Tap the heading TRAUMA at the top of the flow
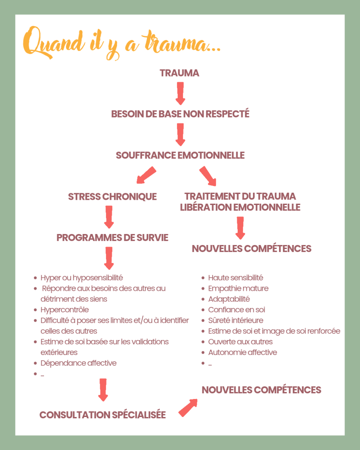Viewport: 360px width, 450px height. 180,73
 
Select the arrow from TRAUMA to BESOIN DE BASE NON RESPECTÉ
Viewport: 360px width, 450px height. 180,92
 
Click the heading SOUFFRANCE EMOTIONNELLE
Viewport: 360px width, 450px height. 180,155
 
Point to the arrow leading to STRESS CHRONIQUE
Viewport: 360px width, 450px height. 146,175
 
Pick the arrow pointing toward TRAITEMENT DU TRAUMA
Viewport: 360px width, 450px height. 208,176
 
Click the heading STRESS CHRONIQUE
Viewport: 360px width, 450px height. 112,197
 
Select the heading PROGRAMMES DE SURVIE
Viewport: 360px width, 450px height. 112,238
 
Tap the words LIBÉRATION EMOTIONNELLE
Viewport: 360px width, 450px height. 240,207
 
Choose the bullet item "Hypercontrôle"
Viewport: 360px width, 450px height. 64,310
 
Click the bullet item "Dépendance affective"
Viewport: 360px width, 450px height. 78,363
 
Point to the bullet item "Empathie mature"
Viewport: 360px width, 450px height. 238,289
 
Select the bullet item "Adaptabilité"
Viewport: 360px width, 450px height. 229,299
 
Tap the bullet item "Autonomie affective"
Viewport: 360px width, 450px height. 242,352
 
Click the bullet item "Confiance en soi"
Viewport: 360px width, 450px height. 236,310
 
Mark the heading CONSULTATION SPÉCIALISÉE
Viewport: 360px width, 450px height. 103,415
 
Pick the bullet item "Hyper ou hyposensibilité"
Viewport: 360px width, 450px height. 81,278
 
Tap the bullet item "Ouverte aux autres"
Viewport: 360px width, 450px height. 240,342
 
